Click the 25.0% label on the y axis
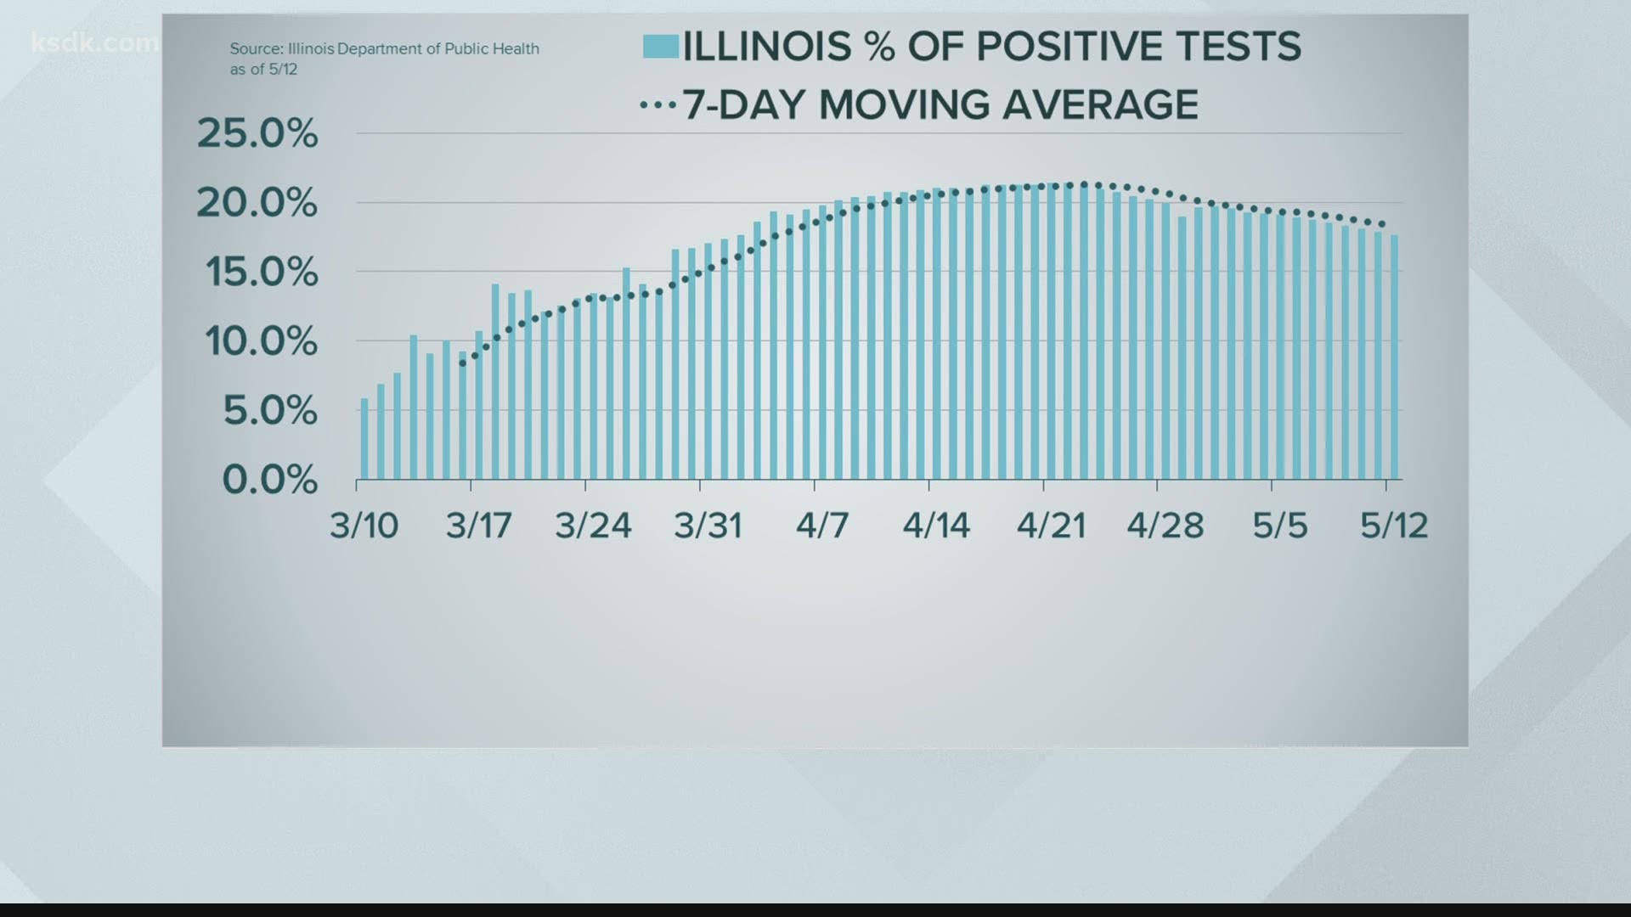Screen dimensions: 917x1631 (257, 133)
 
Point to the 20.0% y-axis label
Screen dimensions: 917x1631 (257, 203)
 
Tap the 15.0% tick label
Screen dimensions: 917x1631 (262, 273)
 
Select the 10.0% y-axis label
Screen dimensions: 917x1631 (261, 341)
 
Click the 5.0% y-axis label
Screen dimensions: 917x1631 (270, 411)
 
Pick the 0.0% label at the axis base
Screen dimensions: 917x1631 (270, 480)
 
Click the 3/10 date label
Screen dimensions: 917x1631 (364, 526)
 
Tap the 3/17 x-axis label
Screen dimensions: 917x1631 (479, 526)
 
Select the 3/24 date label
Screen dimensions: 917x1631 (593, 526)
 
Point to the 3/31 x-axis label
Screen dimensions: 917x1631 (708, 526)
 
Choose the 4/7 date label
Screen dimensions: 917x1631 (822, 526)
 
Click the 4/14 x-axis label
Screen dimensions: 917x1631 (936, 526)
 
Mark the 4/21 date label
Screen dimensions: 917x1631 (1051, 526)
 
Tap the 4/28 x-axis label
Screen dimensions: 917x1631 (1165, 526)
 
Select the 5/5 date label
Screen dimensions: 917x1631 (1280, 526)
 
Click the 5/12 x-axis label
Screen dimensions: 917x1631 (1394, 526)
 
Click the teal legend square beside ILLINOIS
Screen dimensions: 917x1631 (661, 46)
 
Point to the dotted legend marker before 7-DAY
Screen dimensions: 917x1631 (657, 105)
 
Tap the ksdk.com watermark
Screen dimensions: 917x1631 (94, 42)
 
